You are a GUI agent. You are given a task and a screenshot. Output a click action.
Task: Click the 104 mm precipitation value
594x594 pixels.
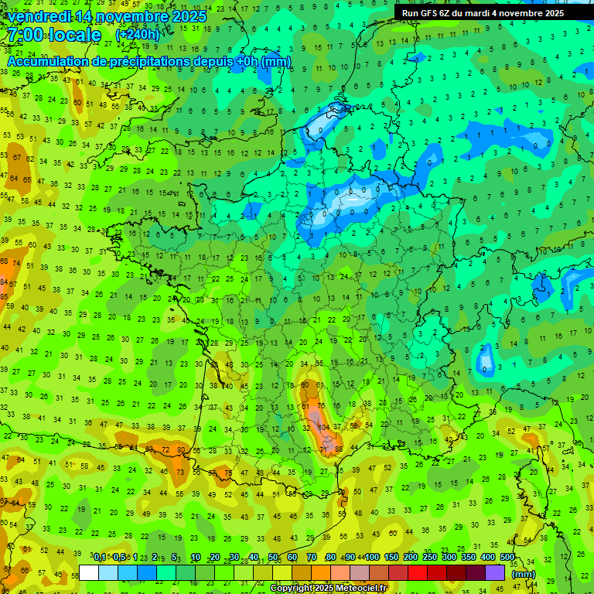(x=323, y=427)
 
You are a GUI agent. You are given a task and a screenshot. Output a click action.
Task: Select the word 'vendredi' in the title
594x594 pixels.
(x=39, y=16)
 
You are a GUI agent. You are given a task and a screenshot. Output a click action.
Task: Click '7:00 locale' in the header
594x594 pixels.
(x=54, y=36)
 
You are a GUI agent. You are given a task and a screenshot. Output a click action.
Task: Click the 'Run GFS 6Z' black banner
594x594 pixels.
(x=483, y=13)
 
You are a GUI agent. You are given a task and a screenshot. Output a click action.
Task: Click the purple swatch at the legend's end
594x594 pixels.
(x=495, y=572)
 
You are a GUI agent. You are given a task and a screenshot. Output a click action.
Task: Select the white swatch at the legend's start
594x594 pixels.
(x=89, y=572)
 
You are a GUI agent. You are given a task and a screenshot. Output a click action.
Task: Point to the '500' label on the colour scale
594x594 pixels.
(x=507, y=558)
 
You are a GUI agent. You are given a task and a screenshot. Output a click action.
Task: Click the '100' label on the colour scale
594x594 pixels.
(x=372, y=558)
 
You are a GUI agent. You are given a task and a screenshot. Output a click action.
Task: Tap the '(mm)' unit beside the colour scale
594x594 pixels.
(x=524, y=574)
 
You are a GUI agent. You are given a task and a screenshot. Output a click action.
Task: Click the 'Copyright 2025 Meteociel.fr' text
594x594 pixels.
(x=328, y=588)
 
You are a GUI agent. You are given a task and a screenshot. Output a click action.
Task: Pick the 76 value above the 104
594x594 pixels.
(x=320, y=405)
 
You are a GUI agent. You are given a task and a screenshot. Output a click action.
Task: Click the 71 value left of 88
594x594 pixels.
(x=324, y=449)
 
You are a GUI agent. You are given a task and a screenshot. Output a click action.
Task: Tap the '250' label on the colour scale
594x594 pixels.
(x=430, y=558)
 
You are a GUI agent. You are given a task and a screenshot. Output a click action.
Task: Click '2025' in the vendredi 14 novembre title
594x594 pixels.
(x=190, y=16)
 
